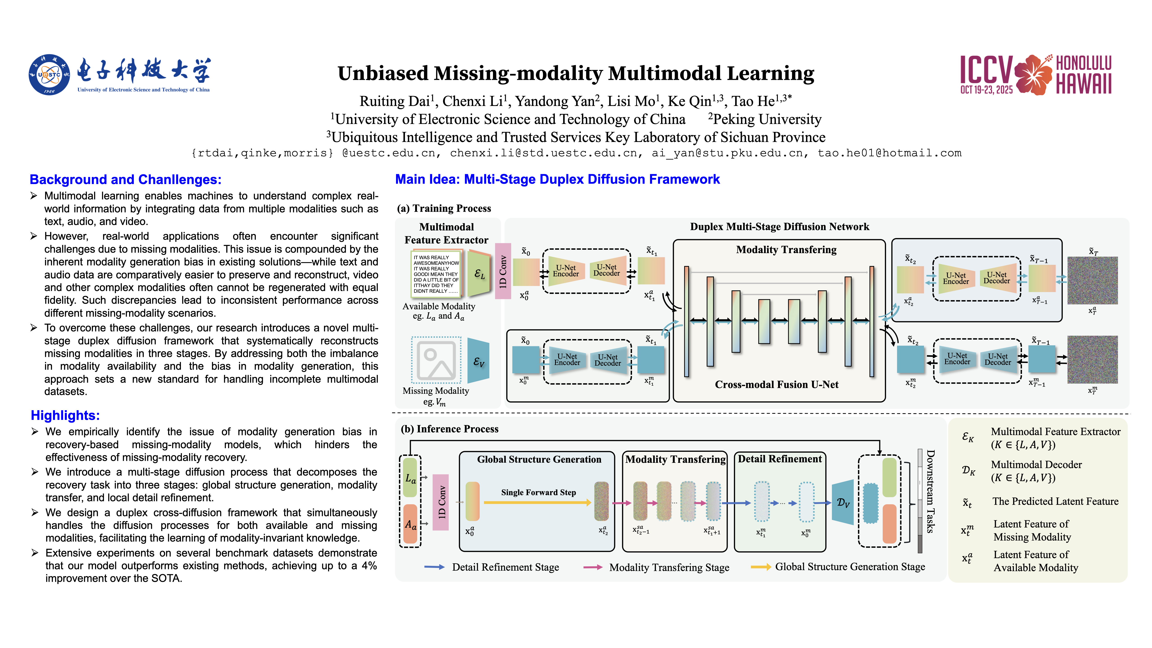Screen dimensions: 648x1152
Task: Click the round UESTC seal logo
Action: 49,75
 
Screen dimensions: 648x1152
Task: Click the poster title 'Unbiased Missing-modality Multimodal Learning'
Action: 576,73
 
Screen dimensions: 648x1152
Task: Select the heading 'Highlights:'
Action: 65,415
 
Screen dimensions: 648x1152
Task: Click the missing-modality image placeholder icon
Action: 436,360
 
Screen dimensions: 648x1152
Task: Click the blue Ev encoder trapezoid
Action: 479,360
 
